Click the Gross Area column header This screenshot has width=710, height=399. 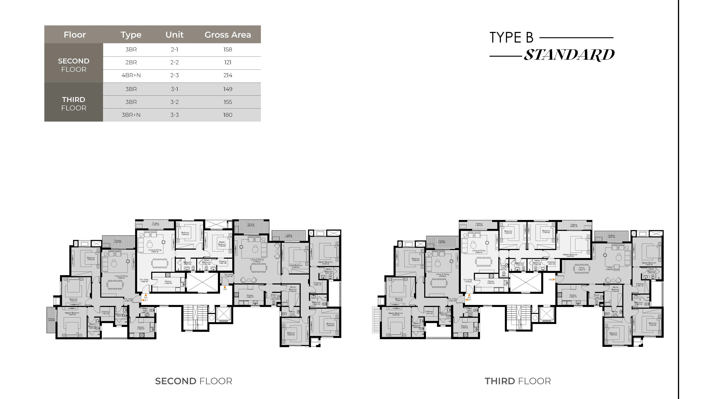click(x=228, y=35)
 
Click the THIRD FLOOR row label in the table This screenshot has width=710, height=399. click(x=74, y=103)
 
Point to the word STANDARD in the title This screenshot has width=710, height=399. click(x=569, y=55)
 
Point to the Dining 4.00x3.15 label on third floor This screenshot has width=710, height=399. click(x=582, y=269)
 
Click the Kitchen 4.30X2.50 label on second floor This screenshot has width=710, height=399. click(x=168, y=282)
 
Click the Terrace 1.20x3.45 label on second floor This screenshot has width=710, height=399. click(x=51, y=319)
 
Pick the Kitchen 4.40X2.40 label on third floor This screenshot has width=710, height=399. click(x=491, y=282)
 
